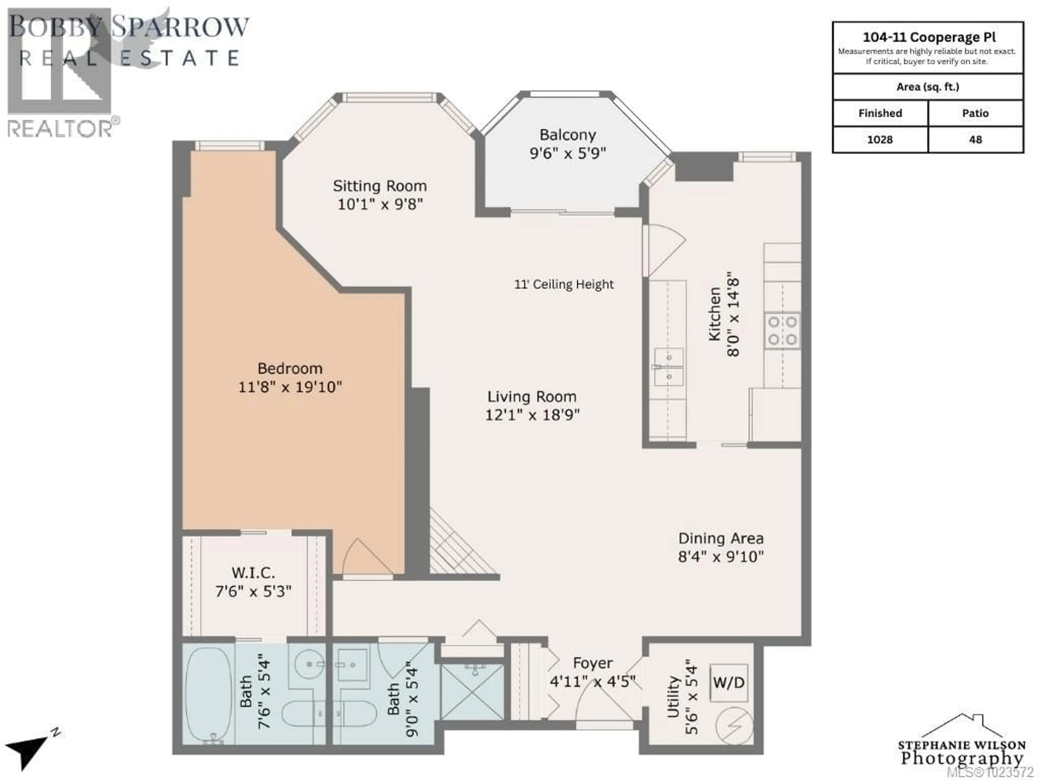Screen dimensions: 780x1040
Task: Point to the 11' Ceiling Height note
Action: [564, 284]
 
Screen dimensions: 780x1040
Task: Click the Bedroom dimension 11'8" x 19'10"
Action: [290, 387]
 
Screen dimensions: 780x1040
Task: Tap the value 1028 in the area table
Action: [880, 140]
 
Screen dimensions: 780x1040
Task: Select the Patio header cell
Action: [975, 113]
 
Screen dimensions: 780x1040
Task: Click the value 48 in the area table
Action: [975, 140]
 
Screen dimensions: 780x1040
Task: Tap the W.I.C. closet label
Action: [253, 573]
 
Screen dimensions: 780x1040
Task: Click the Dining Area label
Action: [720, 538]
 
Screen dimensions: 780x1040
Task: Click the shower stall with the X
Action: [472, 691]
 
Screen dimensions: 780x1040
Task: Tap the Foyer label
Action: [592, 663]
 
